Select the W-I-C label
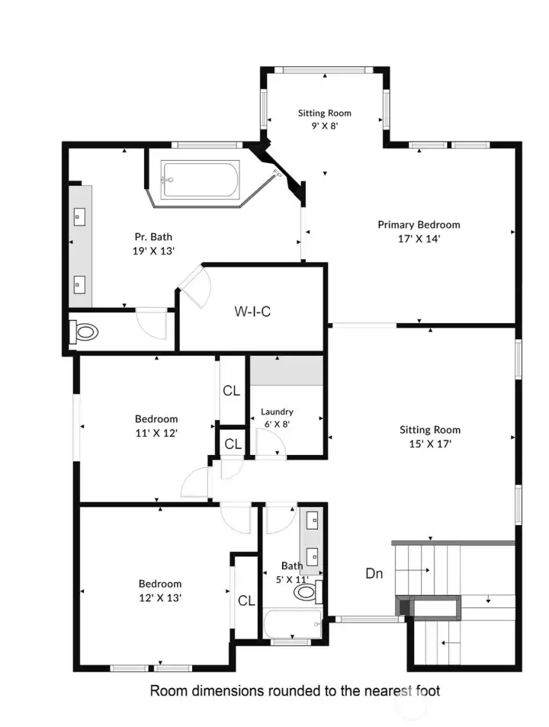pyautogui.click(x=252, y=311)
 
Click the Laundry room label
pyautogui.click(x=276, y=412)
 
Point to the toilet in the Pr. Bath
pyautogui.click(x=85, y=332)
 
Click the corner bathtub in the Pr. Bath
pyautogui.click(x=200, y=180)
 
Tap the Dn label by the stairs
pyautogui.click(x=374, y=574)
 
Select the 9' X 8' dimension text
pyautogui.click(x=324, y=127)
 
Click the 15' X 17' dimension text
pyautogui.click(x=430, y=444)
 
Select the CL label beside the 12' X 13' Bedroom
pyautogui.click(x=246, y=600)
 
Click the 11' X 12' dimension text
pyautogui.click(x=156, y=432)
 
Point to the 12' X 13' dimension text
pyautogui.click(x=159, y=597)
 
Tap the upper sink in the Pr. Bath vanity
pyautogui.click(x=79, y=217)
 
